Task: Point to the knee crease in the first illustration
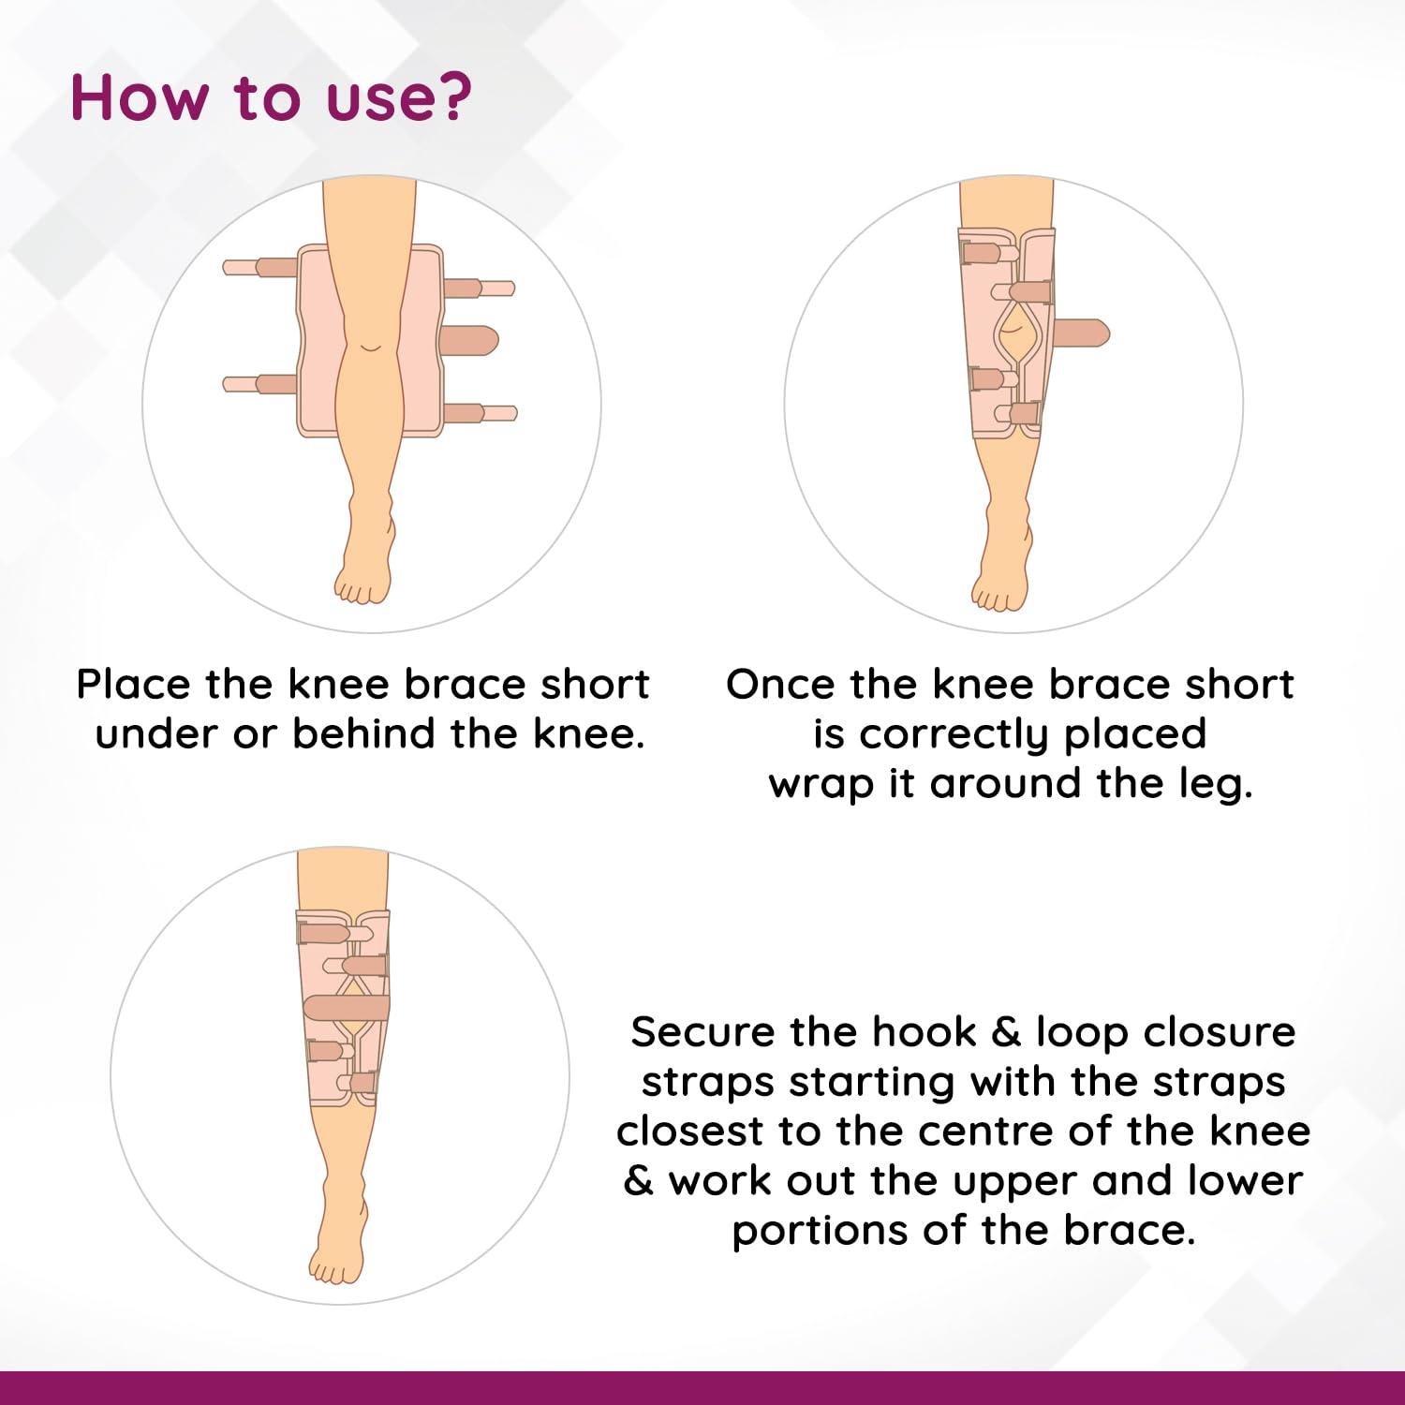coord(371,347)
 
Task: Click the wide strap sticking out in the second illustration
coord(1082,332)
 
